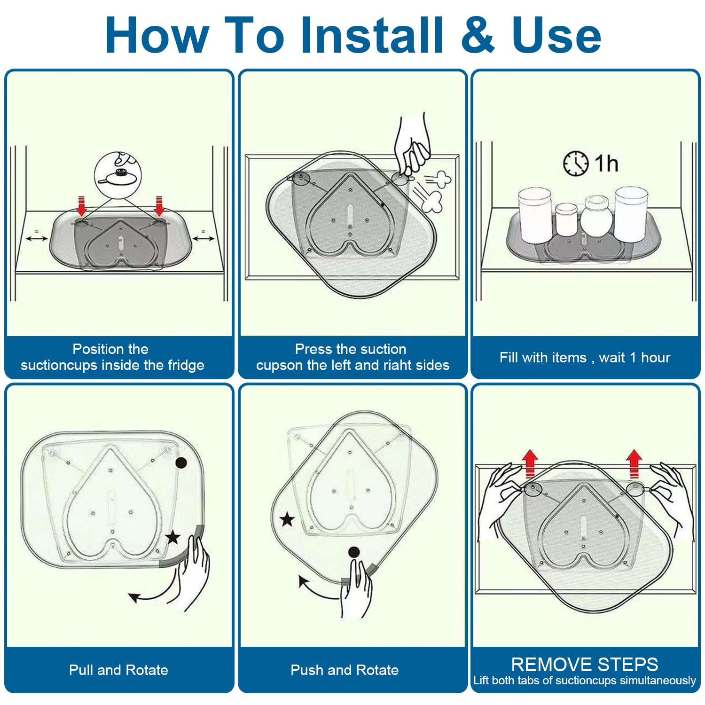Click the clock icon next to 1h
click(x=575, y=164)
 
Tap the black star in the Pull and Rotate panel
click(x=173, y=537)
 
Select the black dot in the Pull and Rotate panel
click(x=181, y=463)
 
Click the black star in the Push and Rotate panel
click(x=287, y=520)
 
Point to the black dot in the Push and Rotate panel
click(x=354, y=552)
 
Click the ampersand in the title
click(x=478, y=35)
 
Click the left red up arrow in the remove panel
click(x=530, y=463)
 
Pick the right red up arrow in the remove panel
click(x=634, y=463)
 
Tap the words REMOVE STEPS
click(x=585, y=665)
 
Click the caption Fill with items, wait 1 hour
click(x=585, y=358)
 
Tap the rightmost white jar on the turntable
click(x=631, y=214)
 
